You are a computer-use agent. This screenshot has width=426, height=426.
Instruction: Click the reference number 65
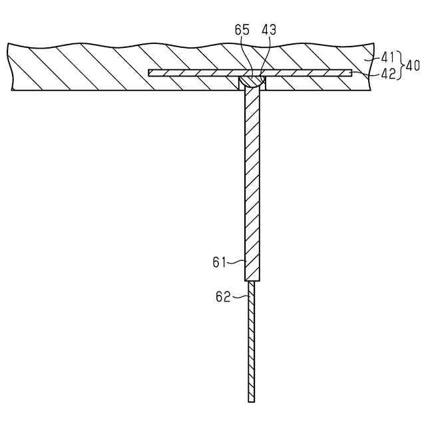coord(243,30)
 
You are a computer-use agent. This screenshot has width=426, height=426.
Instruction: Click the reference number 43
coord(269,30)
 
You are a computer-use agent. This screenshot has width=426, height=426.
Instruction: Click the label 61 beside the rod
coord(220,262)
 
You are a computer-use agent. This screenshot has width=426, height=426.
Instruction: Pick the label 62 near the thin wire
coord(222,297)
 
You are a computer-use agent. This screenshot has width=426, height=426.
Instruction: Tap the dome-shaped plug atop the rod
coord(252,81)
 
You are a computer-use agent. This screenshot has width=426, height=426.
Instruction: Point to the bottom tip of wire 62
coord(252,400)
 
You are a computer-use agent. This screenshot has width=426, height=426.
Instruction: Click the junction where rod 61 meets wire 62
coord(252,280)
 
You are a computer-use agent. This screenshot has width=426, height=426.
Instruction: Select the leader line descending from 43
coord(266,57)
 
